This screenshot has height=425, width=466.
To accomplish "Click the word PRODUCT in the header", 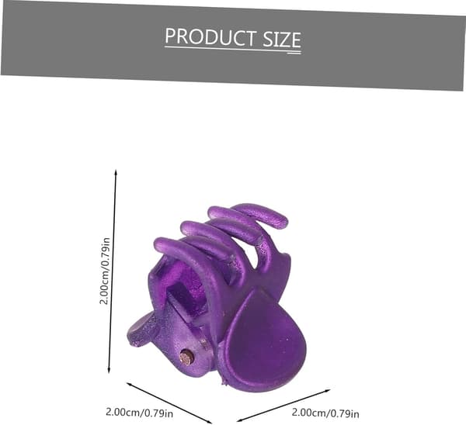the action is [210, 36].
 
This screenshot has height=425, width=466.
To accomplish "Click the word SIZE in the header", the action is [282, 40].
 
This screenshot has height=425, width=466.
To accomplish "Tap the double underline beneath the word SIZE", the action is [294, 52].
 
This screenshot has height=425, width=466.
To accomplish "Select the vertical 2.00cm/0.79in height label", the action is [105, 271].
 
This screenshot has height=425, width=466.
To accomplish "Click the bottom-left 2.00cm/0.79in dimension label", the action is [139, 413].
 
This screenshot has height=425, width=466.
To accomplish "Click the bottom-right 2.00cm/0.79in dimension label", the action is [325, 413].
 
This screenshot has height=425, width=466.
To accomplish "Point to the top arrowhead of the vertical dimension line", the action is [116, 172].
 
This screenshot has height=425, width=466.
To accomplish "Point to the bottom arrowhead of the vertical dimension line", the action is [109, 371].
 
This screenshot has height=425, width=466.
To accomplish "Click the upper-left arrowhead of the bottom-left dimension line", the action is [129, 384].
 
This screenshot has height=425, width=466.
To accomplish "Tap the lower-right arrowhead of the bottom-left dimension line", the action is [209, 421].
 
